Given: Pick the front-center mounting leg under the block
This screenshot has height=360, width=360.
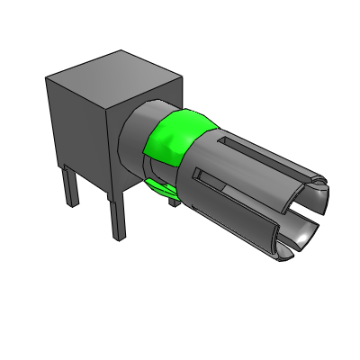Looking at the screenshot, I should click(117, 216).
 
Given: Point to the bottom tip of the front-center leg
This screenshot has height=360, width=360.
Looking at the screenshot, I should click(118, 236).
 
